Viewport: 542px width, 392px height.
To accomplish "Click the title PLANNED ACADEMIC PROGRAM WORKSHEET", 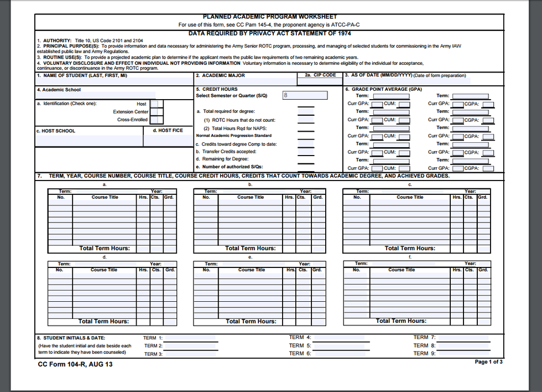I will click(x=270, y=17).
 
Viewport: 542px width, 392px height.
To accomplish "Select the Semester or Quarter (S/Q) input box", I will click(x=304, y=95).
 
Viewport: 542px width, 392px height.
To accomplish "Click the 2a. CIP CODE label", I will click(x=320, y=75).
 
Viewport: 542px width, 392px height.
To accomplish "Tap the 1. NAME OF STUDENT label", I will click(x=82, y=76).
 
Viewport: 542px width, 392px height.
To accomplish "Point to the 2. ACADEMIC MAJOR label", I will click(x=221, y=76).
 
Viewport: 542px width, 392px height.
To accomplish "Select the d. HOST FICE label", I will click(x=168, y=131).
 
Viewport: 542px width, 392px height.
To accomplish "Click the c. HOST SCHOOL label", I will click(x=56, y=131).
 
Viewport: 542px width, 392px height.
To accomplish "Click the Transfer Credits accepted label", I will click(x=228, y=152).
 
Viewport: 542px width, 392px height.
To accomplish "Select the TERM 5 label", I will click(x=300, y=345).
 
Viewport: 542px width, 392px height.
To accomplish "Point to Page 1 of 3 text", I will click(x=488, y=362).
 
